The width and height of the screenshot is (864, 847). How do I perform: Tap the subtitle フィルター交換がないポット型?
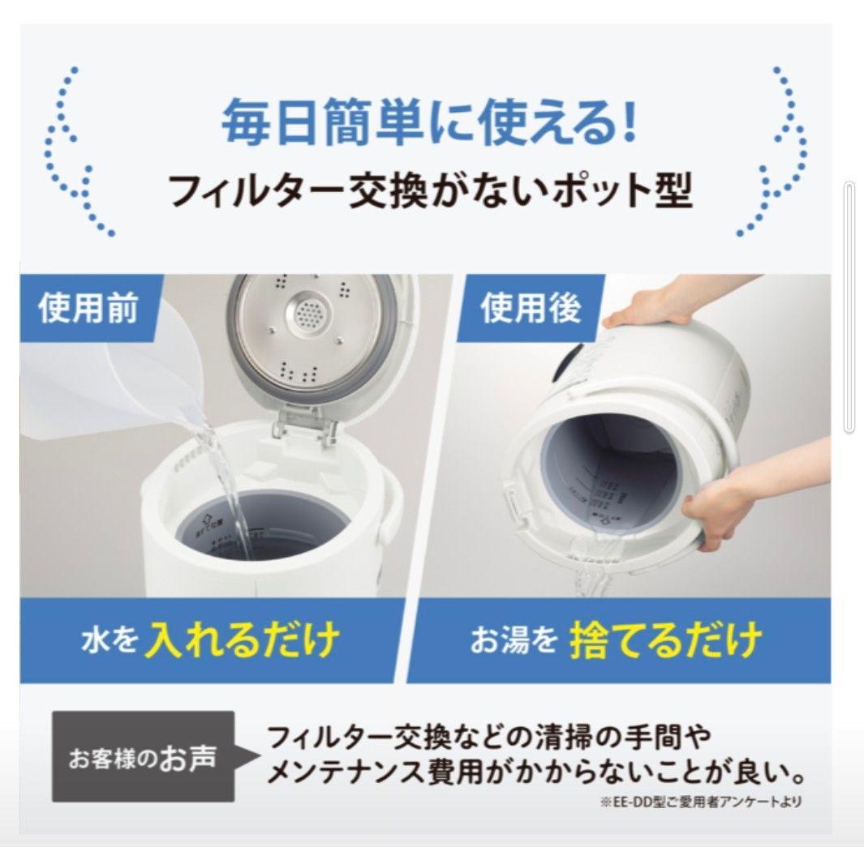coord(429,192)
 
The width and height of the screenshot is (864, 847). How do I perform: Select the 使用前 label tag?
coord(88,309)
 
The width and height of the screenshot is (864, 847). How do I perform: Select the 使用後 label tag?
coord(531,309)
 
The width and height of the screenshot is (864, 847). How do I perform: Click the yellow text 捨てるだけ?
coord(665,640)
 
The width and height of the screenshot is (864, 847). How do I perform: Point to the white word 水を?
coord(109,642)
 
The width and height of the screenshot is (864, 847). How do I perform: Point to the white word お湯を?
coord(514,642)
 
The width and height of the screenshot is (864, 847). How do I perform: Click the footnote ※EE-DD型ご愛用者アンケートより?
coord(701,802)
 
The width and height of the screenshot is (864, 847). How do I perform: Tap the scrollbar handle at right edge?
coord(849,308)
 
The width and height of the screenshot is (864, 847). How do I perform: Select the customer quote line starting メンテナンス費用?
coord(535,774)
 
